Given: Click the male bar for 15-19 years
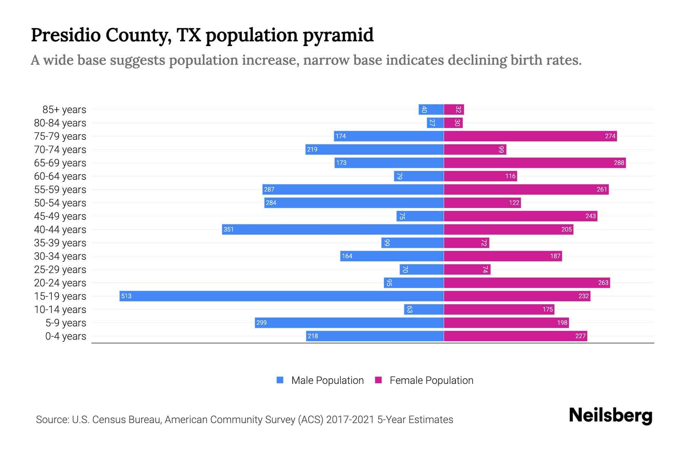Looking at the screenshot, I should tap(282, 296).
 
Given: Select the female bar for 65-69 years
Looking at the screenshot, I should tap(535, 163).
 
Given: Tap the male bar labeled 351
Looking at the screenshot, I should tap(333, 229).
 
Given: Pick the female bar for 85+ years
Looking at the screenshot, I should tap(454, 110).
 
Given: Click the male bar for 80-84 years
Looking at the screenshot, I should tap(435, 123).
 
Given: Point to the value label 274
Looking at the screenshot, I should tap(610, 136).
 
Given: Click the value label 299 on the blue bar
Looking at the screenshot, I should tap(261, 323).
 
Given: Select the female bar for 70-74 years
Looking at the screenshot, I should tap(475, 149).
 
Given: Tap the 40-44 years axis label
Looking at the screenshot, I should tap(60, 230).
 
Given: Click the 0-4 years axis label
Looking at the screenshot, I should tap(65, 336).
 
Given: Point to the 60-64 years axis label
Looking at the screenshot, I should tap(60, 176).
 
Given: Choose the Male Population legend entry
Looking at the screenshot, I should tap(327, 380).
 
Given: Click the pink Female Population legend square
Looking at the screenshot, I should tap(378, 380).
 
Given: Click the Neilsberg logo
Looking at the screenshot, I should tap(610, 415).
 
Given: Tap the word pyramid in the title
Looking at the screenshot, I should tap(338, 35).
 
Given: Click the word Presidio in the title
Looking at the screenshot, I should tap(65, 35).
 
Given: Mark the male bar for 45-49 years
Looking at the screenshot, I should tap(420, 216).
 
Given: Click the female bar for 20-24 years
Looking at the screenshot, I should tap(527, 283).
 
